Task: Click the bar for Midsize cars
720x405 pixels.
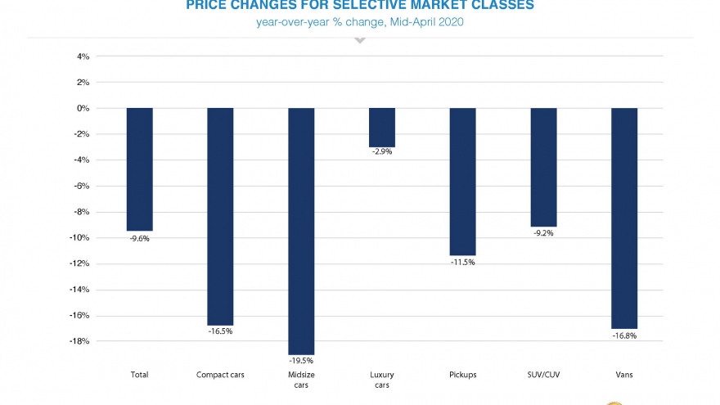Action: pos(301,231)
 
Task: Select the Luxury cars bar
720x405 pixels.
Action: pos(382,127)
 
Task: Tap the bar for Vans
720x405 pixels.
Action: pos(624,218)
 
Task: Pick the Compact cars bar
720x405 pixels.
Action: pos(220,216)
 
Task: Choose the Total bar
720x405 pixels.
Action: pos(139,169)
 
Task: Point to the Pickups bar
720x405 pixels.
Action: pos(462,182)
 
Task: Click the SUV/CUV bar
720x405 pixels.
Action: pos(543,167)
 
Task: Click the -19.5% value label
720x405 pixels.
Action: pos(301,360)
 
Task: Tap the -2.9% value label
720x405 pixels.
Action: pos(382,151)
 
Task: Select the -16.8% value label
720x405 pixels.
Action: pos(624,335)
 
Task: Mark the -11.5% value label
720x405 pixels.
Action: pos(462,262)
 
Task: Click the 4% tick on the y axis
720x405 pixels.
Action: pos(83,56)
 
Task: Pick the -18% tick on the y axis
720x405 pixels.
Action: pos(79,341)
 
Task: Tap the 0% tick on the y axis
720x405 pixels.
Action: pos(83,108)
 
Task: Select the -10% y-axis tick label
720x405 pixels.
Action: pos(79,238)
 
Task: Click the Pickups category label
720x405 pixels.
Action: pos(462,374)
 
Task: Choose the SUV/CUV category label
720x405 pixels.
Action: pos(543,374)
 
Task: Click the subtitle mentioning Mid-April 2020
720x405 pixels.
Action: pos(360,22)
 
